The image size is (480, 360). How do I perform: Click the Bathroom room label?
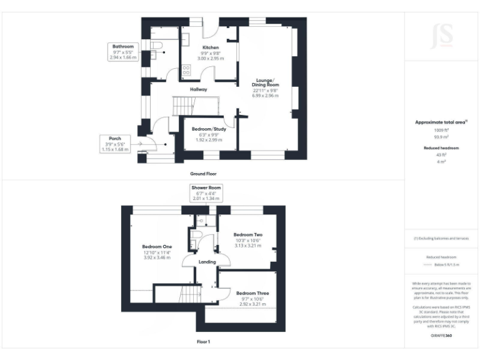[123, 47]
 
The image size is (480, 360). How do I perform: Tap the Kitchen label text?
[210, 47]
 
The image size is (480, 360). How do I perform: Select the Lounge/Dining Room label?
[265, 82]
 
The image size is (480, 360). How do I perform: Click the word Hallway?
[199, 89]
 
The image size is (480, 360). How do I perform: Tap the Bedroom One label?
[157, 247]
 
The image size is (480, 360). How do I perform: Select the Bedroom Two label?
[249, 234]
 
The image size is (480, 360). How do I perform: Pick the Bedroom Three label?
[252, 292]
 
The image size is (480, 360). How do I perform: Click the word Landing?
[207, 262]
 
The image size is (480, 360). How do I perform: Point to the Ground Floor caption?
[204, 173]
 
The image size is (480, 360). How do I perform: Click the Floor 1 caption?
[204, 342]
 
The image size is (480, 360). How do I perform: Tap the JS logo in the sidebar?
[442, 36]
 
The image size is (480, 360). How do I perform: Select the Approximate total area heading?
[441, 122]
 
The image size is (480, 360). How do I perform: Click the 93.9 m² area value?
[442, 136]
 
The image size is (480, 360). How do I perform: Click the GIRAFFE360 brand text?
[441, 336]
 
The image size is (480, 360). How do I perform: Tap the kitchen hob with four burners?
[186, 71]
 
